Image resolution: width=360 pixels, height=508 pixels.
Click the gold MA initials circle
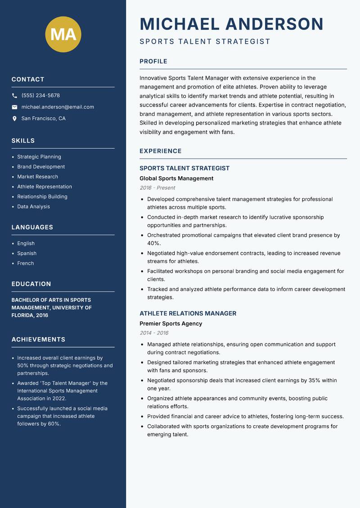63,34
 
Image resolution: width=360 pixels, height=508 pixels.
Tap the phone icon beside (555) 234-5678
15,96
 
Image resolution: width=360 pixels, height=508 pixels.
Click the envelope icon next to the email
15,107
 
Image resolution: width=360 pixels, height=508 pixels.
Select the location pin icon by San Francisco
15,119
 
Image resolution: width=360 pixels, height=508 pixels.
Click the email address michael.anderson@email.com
58,107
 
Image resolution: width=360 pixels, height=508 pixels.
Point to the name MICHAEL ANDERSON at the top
231,24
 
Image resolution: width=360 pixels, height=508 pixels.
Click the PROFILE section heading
153,62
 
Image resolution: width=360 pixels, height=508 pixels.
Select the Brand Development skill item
41,167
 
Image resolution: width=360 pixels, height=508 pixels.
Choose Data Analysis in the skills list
33,207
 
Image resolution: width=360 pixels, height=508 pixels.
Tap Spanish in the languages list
27,254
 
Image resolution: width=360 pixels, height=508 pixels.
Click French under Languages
25,263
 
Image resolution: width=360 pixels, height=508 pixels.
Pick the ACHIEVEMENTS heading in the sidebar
38,339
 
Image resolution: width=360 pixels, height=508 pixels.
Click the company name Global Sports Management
176,178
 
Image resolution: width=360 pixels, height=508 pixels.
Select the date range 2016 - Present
157,188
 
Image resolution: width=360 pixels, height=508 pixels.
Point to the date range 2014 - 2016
154,333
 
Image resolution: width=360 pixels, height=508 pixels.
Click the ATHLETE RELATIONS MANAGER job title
188,313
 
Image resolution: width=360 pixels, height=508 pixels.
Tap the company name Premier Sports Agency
171,324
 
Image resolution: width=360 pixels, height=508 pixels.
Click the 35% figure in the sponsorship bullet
314,380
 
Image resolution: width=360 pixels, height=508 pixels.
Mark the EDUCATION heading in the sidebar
31,284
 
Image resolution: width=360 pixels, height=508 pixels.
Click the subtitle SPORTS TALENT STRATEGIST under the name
205,42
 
